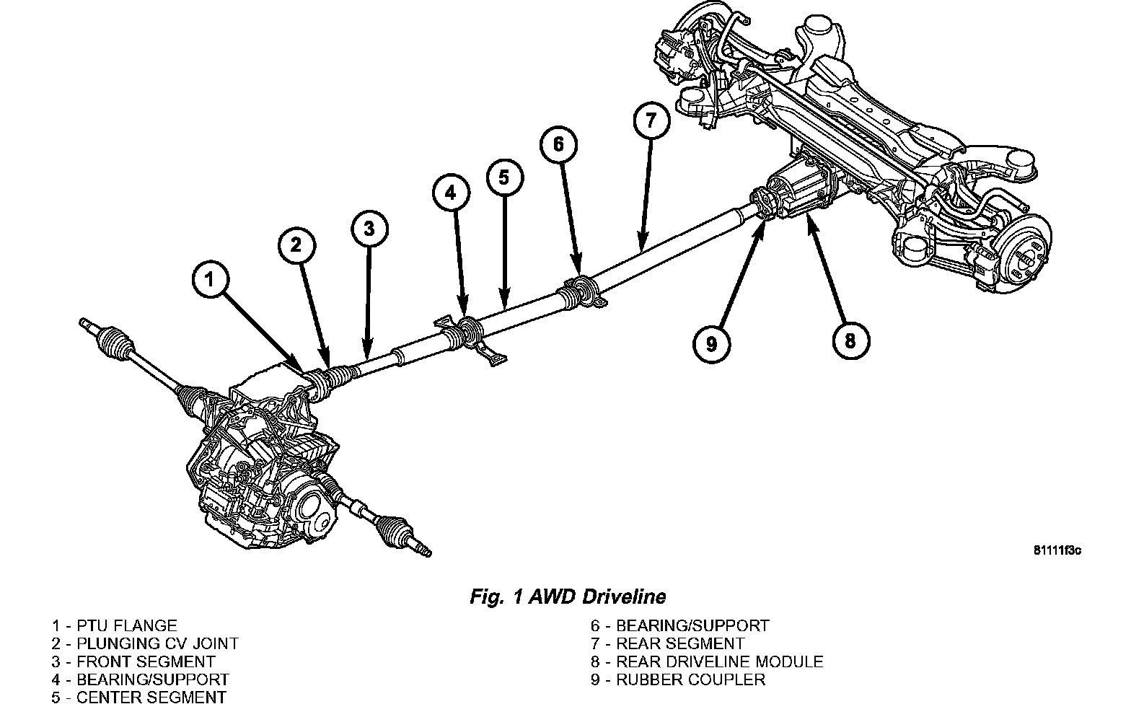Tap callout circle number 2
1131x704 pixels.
pos(296,245)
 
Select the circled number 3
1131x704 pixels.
pos(369,229)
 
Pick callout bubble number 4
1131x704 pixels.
pos(451,193)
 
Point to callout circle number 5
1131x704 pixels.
pos(503,177)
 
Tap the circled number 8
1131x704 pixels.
pos(850,340)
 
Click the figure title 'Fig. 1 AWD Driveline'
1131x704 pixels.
pos(568,597)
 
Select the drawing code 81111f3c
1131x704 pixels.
pos(1057,551)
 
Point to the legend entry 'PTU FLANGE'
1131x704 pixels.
pos(114,626)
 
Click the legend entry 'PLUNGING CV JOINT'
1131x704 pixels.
pos(144,643)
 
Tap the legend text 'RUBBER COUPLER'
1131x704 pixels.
pos(678,679)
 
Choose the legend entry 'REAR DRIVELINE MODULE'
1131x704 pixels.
pos(707,661)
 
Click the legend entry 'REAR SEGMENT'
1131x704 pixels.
pos(667,643)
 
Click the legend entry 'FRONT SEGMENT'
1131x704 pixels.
pos(133,661)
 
